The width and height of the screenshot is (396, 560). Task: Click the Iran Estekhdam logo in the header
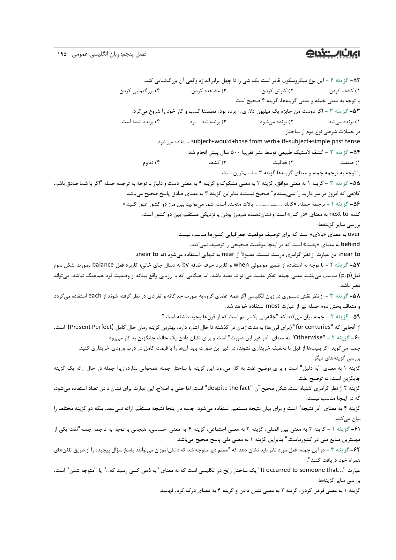[x=333, y=54]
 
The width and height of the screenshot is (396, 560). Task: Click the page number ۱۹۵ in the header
[x=62, y=54]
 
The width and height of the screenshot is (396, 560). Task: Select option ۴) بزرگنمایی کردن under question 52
[x=139, y=91]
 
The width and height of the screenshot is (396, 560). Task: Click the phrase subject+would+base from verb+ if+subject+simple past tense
[x=275, y=141]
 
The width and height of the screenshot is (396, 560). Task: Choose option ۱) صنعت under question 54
[x=350, y=163]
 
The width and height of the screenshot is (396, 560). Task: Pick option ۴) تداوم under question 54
[x=151, y=163]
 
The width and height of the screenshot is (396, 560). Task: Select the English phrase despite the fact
[x=228, y=388]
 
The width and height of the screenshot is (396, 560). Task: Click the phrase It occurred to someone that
[x=299, y=470]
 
